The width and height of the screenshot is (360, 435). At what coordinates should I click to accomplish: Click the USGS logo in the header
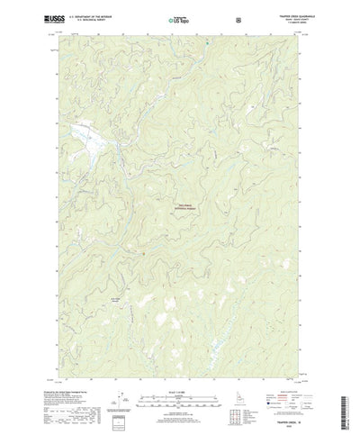[52, 17]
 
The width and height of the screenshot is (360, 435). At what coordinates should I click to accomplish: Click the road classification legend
[289, 396]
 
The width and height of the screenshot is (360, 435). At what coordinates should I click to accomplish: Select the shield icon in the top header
[238, 18]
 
